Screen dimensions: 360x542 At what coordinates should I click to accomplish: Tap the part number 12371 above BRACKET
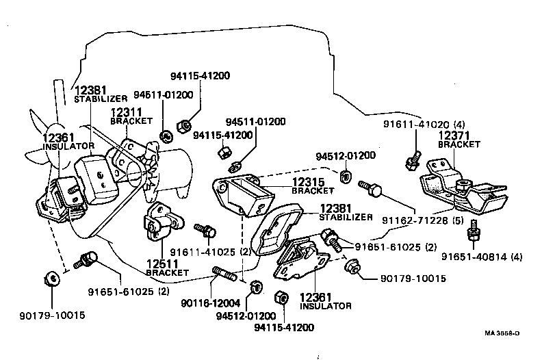[454, 137]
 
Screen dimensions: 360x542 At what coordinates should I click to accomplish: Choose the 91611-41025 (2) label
[205, 251]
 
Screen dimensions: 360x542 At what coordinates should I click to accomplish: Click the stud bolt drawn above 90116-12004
[225, 274]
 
